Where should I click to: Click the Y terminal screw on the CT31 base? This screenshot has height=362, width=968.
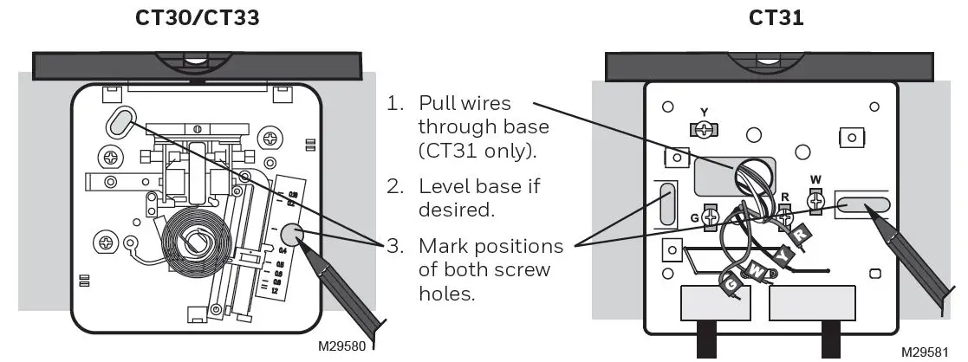click(705, 128)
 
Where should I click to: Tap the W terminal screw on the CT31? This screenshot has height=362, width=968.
click(814, 201)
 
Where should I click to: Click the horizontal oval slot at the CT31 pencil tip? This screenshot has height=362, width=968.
click(863, 206)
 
